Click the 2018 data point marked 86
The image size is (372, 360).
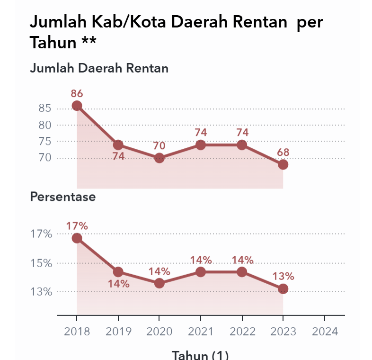pos(77,106)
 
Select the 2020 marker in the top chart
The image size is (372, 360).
pos(159,158)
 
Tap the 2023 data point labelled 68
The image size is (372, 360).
pos(283,164)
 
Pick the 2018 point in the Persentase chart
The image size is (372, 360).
pos(77,238)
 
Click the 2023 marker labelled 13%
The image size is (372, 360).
pos(283,288)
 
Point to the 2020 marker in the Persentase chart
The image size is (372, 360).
pos(159,283)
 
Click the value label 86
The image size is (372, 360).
pos(77,93)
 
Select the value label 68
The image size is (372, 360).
pos(283,153)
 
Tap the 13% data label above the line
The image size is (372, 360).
pos(283,276)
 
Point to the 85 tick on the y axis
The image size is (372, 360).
pos(44,108)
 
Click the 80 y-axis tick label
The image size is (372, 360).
pos(44,125)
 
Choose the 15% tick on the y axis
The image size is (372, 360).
pos(41,263)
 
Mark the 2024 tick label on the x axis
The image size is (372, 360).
pos(324,331)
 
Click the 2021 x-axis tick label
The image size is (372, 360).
pos(201,331)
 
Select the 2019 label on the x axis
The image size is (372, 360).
pos(118,331)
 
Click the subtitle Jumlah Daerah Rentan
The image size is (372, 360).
pos(99,68)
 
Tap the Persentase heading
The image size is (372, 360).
pos(63,197)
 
